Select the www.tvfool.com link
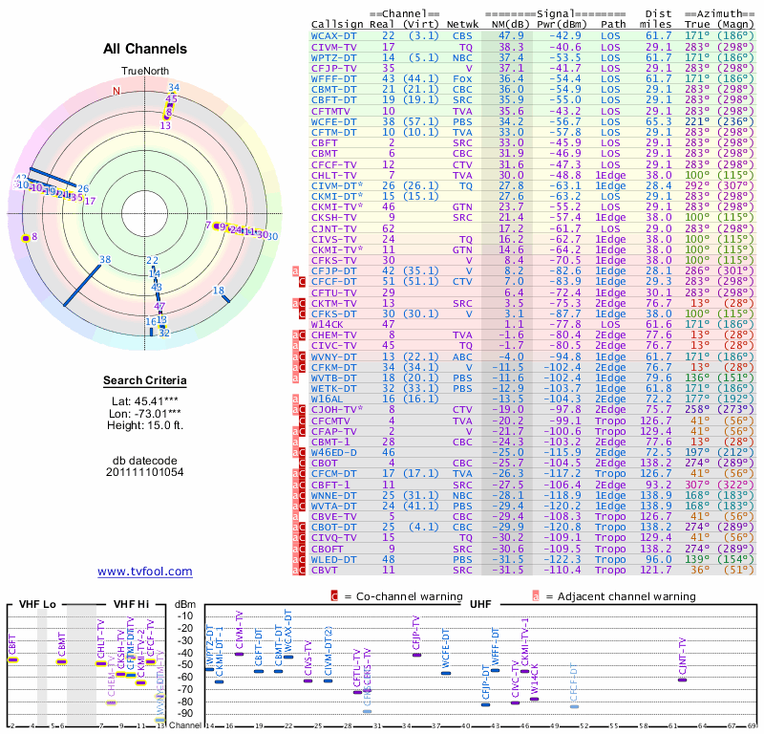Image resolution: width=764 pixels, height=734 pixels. coord(144,572)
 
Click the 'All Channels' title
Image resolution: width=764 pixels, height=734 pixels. coord(144,49)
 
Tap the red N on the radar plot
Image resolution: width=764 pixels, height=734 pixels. coord(117,92)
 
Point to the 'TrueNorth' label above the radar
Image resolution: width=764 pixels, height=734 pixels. coord(144,72)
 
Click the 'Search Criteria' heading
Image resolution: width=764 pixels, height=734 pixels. coord(144,381)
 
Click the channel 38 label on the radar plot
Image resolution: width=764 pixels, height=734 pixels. coord(105,260)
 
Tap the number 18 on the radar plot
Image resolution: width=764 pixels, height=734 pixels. coord(219,291)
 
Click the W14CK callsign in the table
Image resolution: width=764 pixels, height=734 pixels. coord(327,324)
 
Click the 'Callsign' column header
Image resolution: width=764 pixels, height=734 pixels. coord(337,23)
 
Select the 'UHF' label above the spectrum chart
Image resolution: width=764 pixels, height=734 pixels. coord(480,604)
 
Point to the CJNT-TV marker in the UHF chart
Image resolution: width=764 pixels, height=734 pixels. coord(682,678)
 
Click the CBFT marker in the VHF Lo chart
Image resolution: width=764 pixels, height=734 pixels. coord(12,659)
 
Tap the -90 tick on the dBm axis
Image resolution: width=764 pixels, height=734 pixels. coord(183,713)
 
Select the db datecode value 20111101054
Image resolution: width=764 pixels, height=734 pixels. coord(144,471)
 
